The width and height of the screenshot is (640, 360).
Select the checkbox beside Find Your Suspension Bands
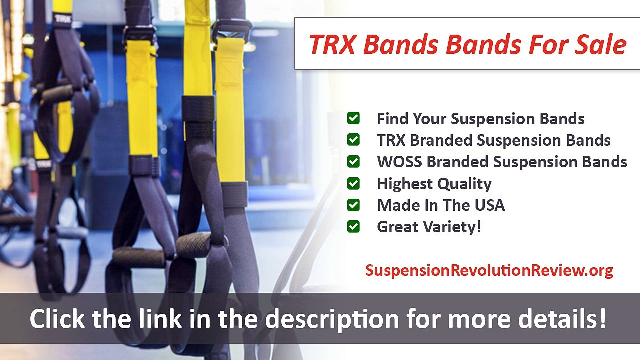[353, 118]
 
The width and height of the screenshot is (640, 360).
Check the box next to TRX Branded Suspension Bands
[353, 140]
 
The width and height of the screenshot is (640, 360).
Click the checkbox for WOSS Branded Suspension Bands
[353, 162]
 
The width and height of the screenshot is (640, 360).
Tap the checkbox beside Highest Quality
[353, 183]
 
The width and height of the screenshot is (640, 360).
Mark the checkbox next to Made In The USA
[353, 205]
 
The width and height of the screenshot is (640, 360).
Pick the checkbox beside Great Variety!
[353, 227]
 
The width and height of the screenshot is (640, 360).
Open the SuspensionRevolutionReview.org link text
[489, 270]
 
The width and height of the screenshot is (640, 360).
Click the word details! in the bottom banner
[566, 318]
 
